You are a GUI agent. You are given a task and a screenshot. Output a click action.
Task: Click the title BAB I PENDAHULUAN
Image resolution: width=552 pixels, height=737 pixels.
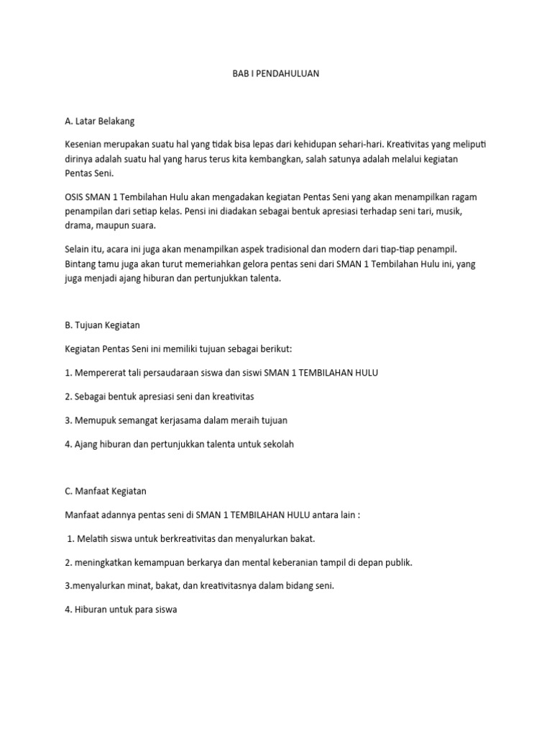[x=276, y=73]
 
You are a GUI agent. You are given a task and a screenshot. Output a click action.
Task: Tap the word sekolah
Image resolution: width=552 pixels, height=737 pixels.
[x=277, y=443]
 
